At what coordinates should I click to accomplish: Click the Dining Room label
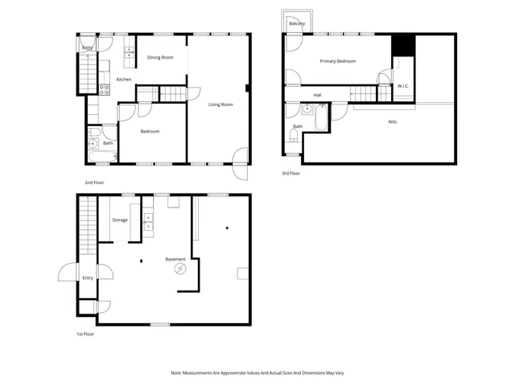click(160, 57)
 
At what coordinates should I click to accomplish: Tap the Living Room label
click(220, 105)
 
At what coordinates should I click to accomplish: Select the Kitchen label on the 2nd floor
click(123, 79)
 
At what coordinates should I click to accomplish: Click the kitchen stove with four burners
click(104, 89)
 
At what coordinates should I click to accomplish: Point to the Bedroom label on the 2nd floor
click(150, 131)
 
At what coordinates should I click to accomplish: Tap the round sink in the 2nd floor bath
click(93, 143)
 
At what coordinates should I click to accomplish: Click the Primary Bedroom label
click(338, 61)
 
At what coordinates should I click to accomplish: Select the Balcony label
click(297, 23)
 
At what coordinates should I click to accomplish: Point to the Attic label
click(392, 121)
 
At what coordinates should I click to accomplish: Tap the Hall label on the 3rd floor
click(318, 95)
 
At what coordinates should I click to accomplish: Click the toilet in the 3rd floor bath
click(294, 137)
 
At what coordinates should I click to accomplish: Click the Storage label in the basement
click(120, 220)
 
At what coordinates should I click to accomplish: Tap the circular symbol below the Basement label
click(181, 271)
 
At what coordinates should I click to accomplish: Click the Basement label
click(175, 259)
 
